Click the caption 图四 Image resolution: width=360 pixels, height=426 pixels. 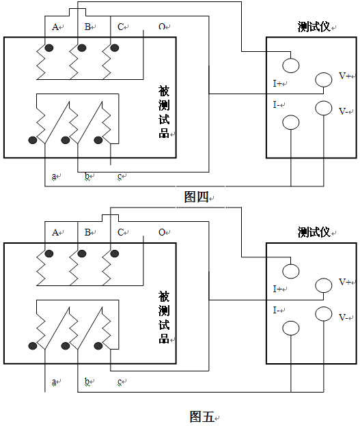196,197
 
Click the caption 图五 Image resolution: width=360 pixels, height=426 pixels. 202,416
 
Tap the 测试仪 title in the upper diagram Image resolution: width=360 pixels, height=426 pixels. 314,27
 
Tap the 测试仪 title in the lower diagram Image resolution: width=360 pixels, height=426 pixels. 314,232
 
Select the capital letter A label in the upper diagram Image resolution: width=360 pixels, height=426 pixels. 55,27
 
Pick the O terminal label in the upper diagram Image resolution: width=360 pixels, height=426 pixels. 162,27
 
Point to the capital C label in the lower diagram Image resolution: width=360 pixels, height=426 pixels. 120,232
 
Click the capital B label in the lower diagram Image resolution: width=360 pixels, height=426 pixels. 87,232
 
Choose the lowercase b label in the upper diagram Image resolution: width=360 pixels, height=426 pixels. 87,176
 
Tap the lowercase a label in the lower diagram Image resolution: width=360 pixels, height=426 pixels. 54,382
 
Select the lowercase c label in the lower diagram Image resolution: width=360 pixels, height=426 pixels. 120,382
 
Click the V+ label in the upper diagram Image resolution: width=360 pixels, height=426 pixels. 345,76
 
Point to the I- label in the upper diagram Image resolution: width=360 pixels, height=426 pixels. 276,104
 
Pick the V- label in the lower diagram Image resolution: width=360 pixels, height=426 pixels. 343,317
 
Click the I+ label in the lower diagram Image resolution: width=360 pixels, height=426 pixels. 277,289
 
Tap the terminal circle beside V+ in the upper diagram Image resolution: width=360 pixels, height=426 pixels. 324,80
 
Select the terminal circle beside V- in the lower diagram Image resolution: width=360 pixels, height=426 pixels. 324,314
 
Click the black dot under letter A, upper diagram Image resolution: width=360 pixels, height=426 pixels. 49,48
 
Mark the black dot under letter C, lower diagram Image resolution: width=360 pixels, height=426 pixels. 115,254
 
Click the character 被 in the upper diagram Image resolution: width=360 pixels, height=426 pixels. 164,91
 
